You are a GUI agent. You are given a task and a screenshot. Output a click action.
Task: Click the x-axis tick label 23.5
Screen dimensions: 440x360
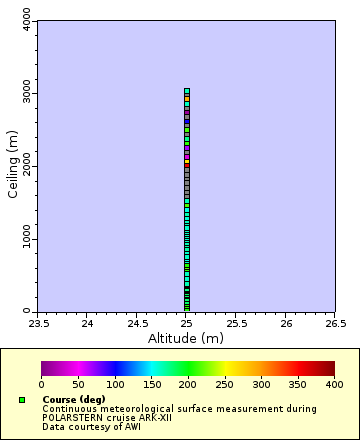tap(38, 323)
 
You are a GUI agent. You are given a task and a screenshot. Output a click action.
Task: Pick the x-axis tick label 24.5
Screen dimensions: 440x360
tap(137, 323)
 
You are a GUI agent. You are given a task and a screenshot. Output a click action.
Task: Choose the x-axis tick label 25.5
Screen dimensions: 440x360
tap(236, 323)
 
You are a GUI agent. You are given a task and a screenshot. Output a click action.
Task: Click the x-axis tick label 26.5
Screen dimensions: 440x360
tap(335, 323)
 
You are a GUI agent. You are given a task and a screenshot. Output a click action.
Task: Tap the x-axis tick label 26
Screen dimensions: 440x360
tap(286, 323)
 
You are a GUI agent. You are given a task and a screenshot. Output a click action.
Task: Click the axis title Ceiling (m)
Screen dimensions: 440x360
tap(12, 166)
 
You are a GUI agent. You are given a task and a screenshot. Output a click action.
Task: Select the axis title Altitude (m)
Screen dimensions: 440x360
tap(187, 338)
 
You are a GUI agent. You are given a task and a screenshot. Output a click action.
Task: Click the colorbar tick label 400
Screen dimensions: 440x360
tap(334, 384)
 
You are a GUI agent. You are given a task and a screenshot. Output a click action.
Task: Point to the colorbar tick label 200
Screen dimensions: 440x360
tap(188, 384)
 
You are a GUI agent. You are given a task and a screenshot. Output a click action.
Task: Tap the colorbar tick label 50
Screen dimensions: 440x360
tap(78, 384)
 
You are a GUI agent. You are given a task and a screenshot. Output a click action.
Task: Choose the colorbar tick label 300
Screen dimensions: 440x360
tap(261, 384)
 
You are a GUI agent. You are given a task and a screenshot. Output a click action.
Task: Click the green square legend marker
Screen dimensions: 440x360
tap(22, 400)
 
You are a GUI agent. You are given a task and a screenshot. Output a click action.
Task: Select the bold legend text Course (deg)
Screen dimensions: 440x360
tap(74, 399)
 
